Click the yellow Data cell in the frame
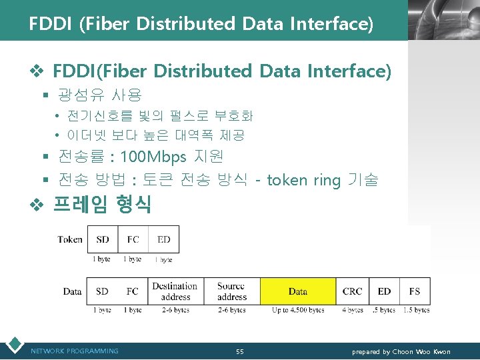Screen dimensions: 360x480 [298, 291]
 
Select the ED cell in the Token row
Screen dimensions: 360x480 [164, 239]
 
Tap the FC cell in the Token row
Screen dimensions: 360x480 [133, 239]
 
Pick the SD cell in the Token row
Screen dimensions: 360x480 [103, 239]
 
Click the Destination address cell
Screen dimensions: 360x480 [175, 291]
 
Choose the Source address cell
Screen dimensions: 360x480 [231, 291]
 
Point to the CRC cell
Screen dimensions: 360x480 [352, 291]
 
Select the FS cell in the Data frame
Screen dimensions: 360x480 [415, 291]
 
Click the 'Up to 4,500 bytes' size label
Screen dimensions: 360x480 [298, 310]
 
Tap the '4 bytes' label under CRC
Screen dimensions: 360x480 [352, 310]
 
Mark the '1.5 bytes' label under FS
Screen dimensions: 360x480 [415, 310]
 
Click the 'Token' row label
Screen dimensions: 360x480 [70, 239]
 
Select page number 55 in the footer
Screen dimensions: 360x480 [240, 351]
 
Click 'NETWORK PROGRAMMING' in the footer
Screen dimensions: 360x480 [75, 351]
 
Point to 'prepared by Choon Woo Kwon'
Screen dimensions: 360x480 [401, 351]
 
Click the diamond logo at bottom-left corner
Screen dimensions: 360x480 [13, 345]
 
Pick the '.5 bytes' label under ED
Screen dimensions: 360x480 [385, 310]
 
